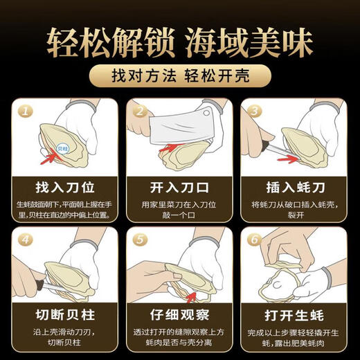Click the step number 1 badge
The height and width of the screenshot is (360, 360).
(26, 110)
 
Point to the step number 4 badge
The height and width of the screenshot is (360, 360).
(26, 239)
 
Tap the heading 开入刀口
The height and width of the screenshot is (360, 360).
(179, 186)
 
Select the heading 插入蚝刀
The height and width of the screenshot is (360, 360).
(294, 186)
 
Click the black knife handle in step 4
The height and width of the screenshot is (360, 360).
(24, 285)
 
